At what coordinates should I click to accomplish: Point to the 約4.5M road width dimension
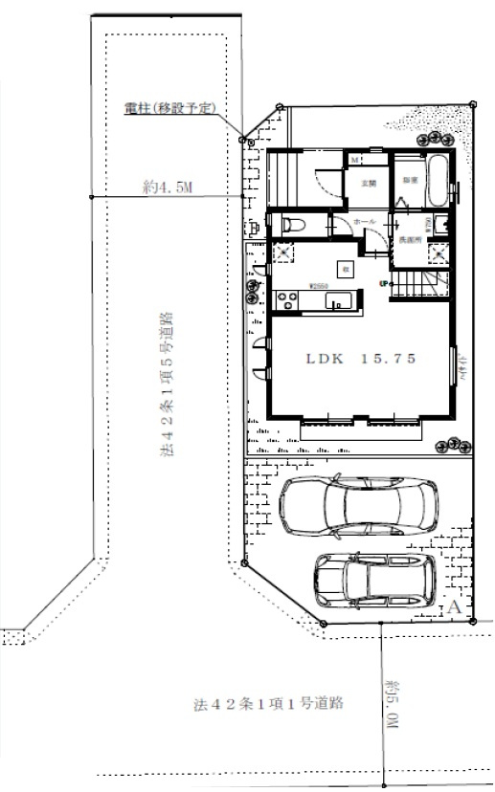coord(167,188)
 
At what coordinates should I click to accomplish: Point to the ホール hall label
coord(365,222)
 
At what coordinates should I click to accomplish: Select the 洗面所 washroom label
coord(411,238)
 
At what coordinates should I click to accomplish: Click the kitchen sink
coord(339,302)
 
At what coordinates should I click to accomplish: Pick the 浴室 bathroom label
coord(409,178)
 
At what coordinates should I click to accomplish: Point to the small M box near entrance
coord(354,159)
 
